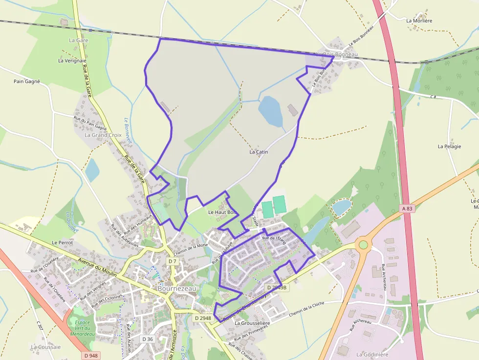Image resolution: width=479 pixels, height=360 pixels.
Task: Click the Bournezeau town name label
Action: (x=177, y=289)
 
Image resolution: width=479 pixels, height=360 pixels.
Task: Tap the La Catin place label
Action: (x=259, y=152)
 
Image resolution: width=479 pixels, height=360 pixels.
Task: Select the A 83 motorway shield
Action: (x=407, y=209)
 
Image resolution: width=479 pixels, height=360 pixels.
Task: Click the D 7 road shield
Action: (x=172, y=261)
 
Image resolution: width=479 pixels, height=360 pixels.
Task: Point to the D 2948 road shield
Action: (x=202, y=318)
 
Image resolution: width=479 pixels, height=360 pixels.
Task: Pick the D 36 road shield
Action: (x=148, y=339)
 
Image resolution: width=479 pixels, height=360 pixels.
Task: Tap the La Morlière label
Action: (x=419, y=21)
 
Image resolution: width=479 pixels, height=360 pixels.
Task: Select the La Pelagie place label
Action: (x=449, y=146)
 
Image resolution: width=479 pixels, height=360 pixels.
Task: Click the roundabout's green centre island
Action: (x=363, y=245)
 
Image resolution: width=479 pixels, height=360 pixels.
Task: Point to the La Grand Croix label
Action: (x=103, y=135)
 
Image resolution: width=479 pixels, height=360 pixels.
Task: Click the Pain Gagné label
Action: (x=27, y=82)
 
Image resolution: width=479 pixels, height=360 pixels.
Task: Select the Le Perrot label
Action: (x=62, y=242)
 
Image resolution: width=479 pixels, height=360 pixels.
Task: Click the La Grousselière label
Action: (x=252, y=323)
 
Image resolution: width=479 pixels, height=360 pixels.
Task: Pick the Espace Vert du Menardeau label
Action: (x=82, y=328)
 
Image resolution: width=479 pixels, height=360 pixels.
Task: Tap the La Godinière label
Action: (x=372, y=355)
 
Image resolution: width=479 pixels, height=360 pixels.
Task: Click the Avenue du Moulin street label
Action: (x=97, y=268)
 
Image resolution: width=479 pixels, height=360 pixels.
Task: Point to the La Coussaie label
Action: (x=46, y=347)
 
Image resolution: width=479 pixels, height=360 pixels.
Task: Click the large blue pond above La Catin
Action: (x=270, y=111)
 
